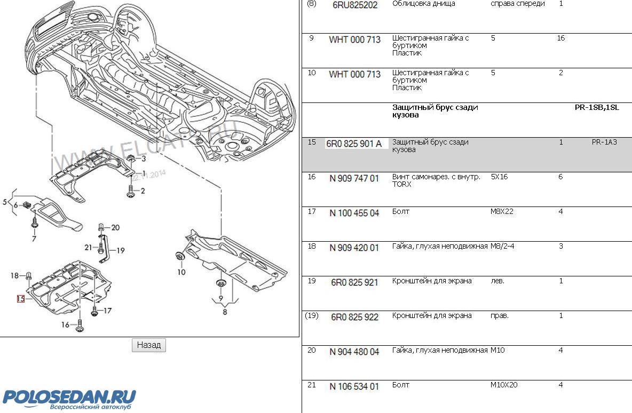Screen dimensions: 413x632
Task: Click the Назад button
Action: click(x=149, y=345)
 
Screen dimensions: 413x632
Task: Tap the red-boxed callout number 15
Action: click(x=21, y=299)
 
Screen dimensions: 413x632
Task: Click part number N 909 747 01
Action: click(x=354, y=178)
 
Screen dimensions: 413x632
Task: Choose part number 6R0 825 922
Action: click(x=354, y=317)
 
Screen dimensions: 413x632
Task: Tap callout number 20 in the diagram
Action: click(x=115, y=228)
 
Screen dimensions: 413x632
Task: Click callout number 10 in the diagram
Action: click(x=181, y=272)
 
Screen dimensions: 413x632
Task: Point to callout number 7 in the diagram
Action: click(x=34, y=239)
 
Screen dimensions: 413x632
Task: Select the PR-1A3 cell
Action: click(x=604, y=142)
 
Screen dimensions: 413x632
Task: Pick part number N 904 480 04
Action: click(x=354, y=352)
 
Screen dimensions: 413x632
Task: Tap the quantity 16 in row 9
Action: click(x=560, y=38)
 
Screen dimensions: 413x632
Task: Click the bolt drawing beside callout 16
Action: click(x=80, y=325)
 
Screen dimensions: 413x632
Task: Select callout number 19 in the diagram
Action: click(x=121, y=250)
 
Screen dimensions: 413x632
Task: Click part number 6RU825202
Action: click(x=355, y=5)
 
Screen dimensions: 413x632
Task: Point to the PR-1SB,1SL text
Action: click(x=597, y=107)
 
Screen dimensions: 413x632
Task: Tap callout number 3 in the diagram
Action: click(x=143, y=159)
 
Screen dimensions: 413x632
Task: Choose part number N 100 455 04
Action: click(x=354, y=213)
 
